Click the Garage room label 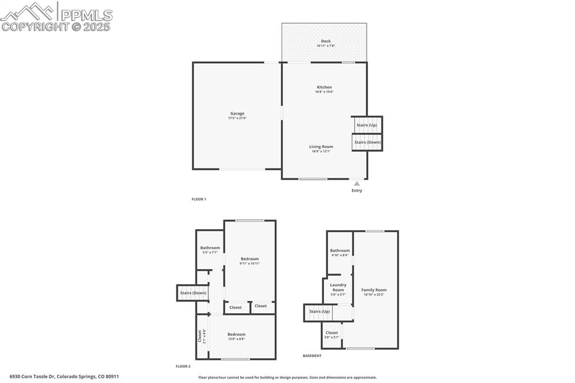coord(237,113)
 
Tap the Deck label coord(326,41)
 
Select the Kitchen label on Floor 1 coord(325,87)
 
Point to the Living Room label coord(321,147)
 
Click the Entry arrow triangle coord(357,183)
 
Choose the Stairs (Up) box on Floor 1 coord(367,125)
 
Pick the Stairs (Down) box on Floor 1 coord(367,142)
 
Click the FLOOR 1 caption coord(199,199)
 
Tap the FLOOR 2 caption coord(183,366)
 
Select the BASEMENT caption coord(312,355)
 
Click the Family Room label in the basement coord(374,290)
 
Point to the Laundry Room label coord(338,287)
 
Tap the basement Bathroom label coord(340,250)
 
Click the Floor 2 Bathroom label coord(210,248)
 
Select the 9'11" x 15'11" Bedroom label coord(250,259)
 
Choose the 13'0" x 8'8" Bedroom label coord(236,334)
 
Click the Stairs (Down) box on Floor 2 coord(193,293)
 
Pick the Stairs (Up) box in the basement coord(320,311)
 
